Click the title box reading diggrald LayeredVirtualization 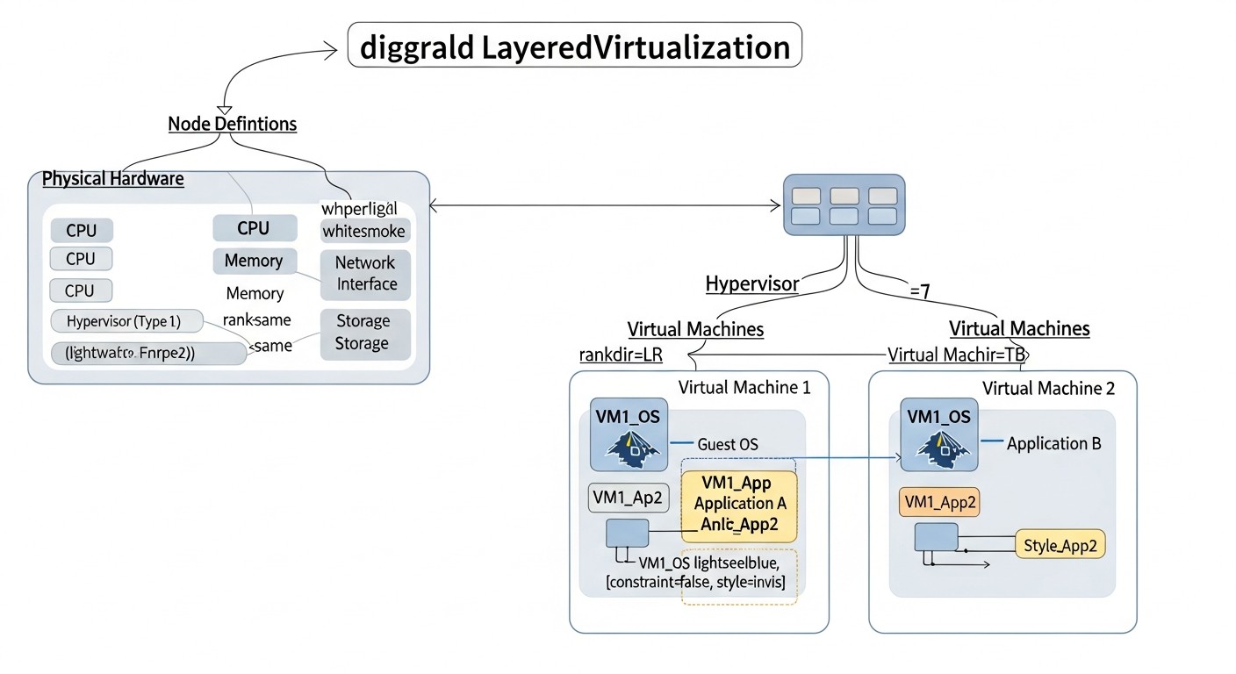point(575,46)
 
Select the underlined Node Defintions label point(232,124)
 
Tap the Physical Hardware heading point(113,179)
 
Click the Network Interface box point(366,273)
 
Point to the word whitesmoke point(363,232)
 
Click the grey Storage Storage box point(363,333)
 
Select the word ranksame point(256,319)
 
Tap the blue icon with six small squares point(844,204)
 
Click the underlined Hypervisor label point(752,283)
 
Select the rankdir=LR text point(621,355)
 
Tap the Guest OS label point(728,444)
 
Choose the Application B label point(1053,443)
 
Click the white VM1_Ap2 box point(629,498)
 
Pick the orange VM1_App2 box point(940,503)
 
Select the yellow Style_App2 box point(1060,545)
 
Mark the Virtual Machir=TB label point(957,355)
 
